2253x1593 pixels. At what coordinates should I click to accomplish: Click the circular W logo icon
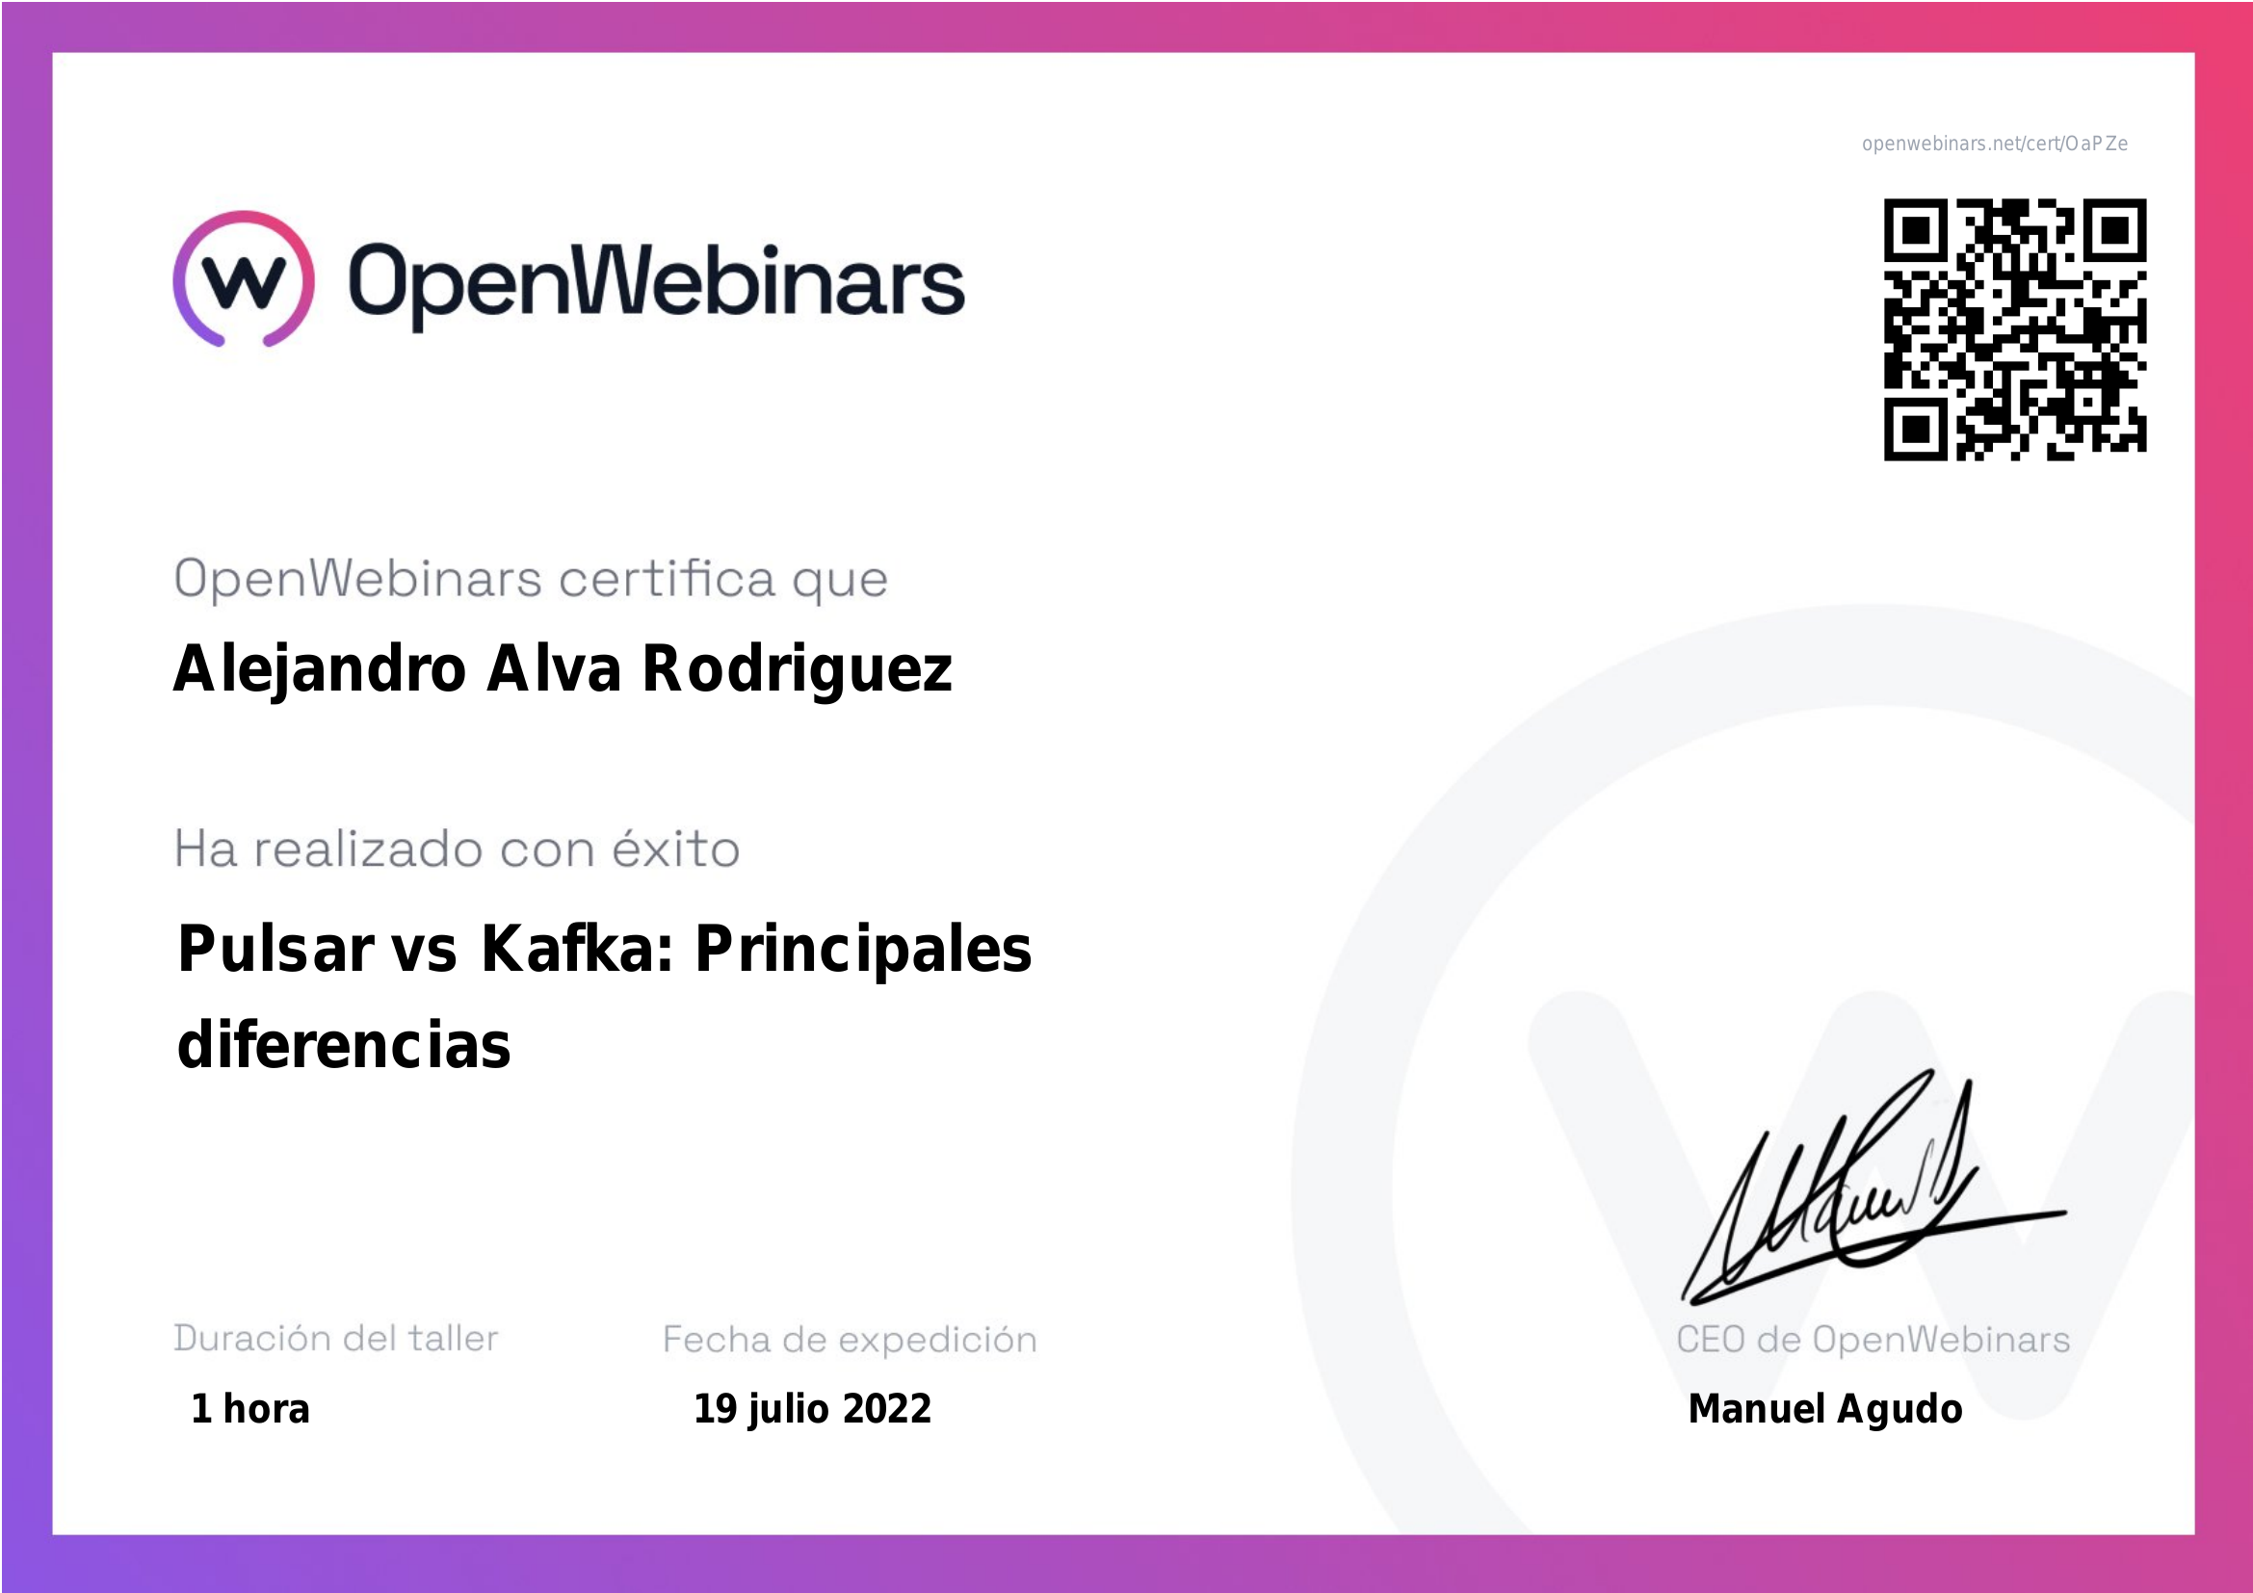pos(244,278)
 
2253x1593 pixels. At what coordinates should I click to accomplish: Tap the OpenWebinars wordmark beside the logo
pos(657,284)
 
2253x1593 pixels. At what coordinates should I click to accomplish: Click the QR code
pos(2014,329)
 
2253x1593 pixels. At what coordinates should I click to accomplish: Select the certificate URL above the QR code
pos(1994,144)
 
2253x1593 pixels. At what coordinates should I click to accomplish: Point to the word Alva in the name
pos(555,668)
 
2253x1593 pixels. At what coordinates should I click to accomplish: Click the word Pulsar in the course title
pos(275,950)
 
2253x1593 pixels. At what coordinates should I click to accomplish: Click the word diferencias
pos(345,1044)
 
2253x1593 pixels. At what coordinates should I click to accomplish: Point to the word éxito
pos(676,848)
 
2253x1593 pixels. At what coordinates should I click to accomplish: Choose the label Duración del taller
pos(335,1338)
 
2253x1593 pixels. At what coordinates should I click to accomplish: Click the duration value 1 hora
pos(250,1409)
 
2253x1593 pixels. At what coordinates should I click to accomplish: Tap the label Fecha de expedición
pos(850,1340)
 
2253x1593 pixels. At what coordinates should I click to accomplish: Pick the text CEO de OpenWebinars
pos(1873,1339)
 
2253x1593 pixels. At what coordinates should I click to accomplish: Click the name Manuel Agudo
pos(1825,1410)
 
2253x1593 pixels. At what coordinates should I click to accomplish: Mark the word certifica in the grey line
pos(667,578)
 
